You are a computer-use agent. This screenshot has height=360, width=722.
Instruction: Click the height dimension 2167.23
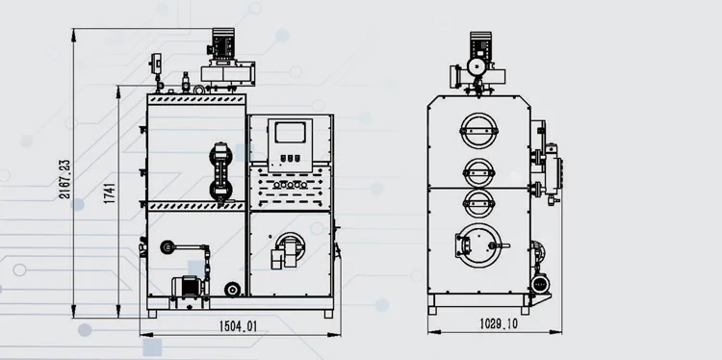(x=64, y=179)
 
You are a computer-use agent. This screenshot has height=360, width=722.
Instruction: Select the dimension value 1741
(x=109, y=193)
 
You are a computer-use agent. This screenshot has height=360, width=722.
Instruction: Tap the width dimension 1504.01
(x=238, y=326)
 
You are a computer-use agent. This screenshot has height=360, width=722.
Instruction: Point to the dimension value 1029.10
(x=499, y=323)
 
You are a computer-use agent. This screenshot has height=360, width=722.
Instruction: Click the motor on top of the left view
(x=223, y=43)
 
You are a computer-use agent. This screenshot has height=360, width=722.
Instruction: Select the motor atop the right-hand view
(x=480, y=45)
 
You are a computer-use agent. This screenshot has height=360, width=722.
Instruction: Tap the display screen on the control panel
(x=290, y=133)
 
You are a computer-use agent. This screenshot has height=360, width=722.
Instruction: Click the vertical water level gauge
(x=220, y=171)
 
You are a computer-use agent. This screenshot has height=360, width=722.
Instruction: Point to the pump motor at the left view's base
(x=187, y=286)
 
